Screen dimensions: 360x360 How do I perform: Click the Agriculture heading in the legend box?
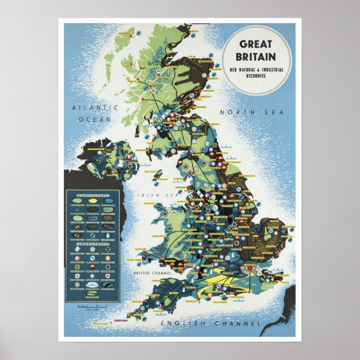pos(92,194)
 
